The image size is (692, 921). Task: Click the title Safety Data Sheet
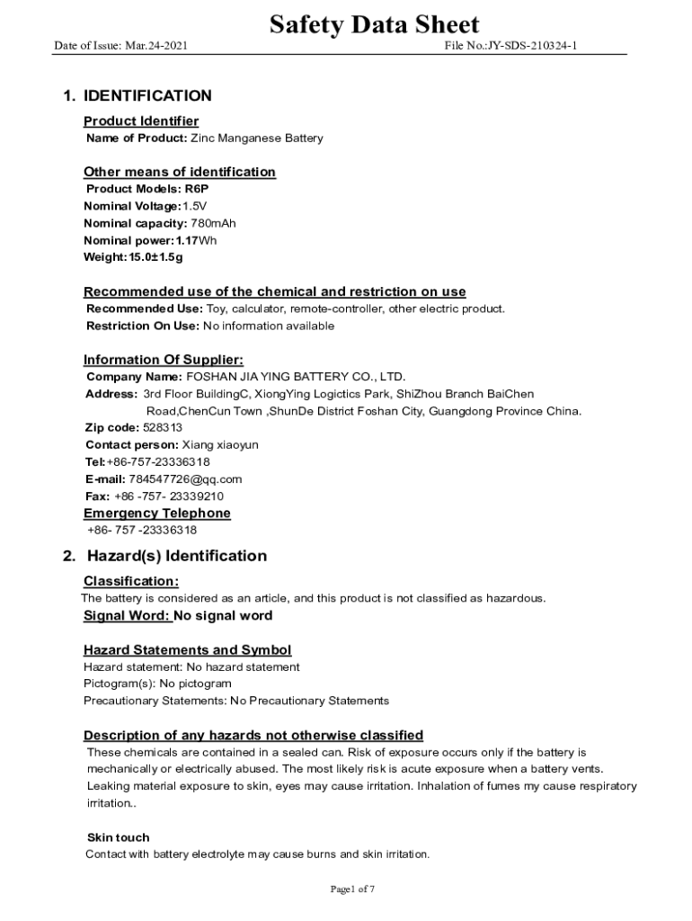click(374, 24)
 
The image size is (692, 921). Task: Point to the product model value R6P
click(197, 189)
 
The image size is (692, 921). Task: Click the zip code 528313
click(163, 427)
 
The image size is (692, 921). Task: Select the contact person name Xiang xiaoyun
click(221, 444)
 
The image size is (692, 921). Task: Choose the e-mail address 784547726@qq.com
click(185, 478)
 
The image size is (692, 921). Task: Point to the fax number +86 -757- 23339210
click(169, 496)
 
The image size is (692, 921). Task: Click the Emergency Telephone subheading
click(157, 513)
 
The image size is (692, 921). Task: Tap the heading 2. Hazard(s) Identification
click(164, 556)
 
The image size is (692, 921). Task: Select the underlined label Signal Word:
click(126, 615)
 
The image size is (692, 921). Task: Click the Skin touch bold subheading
click(118, 837)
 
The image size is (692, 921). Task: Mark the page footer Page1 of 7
click(352, 890)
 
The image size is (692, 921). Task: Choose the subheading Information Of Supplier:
click(164, 360)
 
